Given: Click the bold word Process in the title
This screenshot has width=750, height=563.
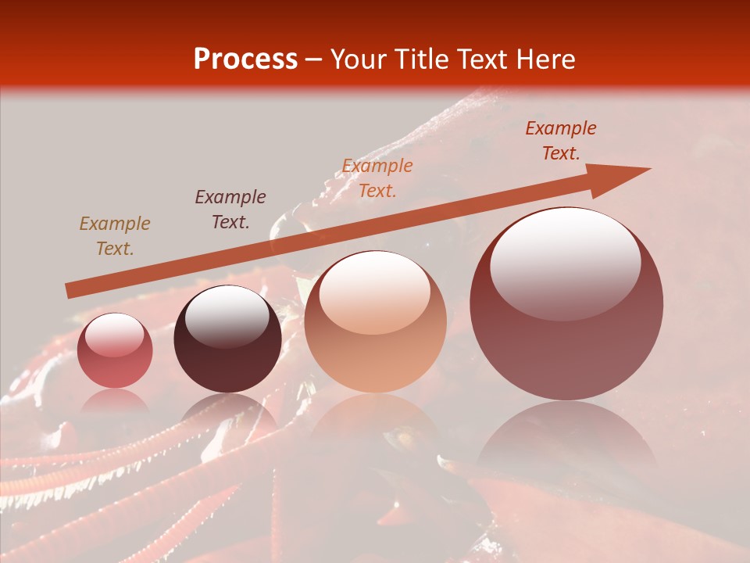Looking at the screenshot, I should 245,59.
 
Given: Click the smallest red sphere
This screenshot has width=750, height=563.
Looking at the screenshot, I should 115,350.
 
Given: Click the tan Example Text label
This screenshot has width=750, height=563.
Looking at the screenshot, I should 115,236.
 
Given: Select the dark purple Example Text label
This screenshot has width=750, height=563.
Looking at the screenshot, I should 230,210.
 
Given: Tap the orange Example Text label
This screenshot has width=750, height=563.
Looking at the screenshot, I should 377,178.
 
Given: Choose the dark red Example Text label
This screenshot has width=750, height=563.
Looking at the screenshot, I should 560,141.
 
